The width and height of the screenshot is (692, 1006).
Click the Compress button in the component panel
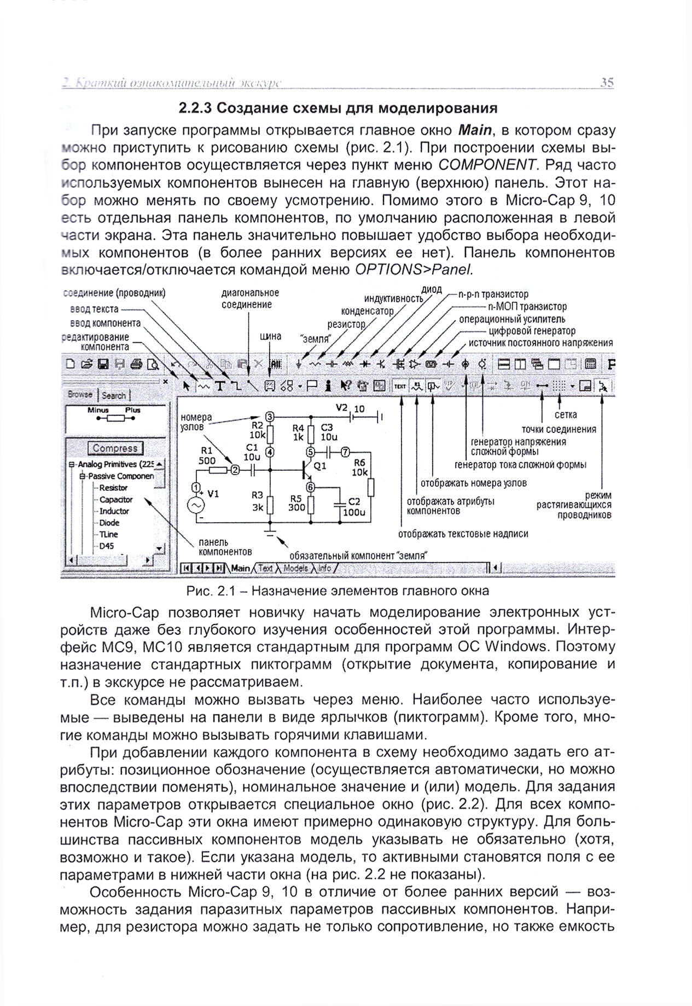click(x=115, y=448)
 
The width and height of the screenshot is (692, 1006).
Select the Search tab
click(x=114, y=395)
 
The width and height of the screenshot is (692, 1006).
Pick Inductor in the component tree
click(x=114, y=511)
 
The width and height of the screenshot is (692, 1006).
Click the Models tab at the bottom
click(x=296, y=568)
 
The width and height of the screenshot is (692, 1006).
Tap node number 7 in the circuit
click(x=345, y=452)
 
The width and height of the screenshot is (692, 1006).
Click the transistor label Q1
click(x=320, y=466)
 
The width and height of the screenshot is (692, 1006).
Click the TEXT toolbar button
click(x=400, y=386)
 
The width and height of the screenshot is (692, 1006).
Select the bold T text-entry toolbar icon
click(x=220, y=386)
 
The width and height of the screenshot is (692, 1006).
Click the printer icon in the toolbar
click(x=136, y=364)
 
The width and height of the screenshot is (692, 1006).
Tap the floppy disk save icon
click(x=103, y=364)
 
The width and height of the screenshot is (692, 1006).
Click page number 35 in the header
click(x=607, y=83)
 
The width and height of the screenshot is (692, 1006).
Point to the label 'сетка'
click(x=565, y=415)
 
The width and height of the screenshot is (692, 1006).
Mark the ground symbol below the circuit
click(x=269, y=530)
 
